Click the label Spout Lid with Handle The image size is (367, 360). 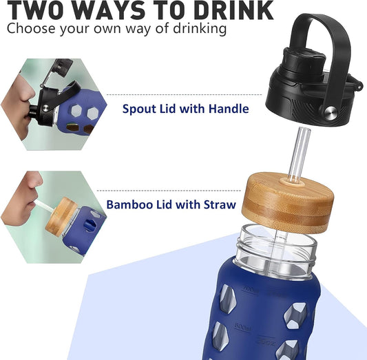(186, 109)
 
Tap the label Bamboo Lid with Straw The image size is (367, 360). (171, 204)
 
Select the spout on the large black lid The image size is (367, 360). (304, 62)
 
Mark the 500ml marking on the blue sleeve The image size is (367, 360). (242, 327)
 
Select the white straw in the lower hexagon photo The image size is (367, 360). (45, 207)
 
